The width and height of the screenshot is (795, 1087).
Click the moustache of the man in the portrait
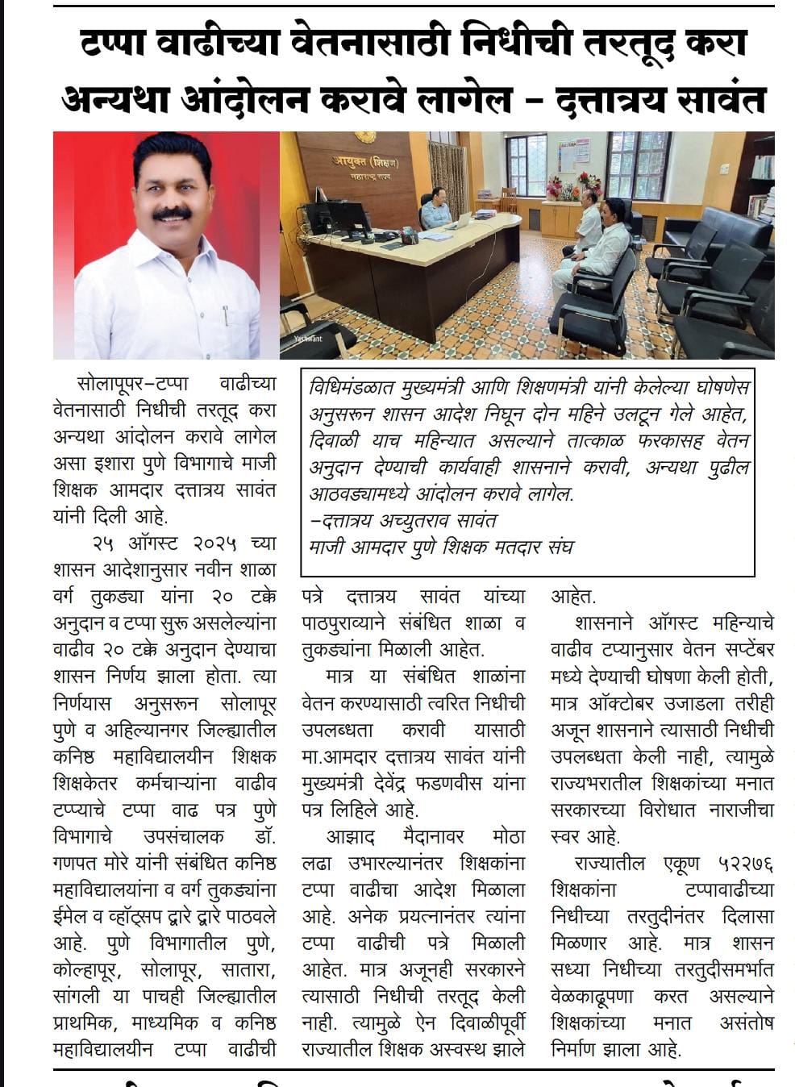coord(172,214)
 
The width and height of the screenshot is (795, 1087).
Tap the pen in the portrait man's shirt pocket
coord(225,314)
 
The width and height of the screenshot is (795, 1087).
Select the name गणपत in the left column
coord(74,863)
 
